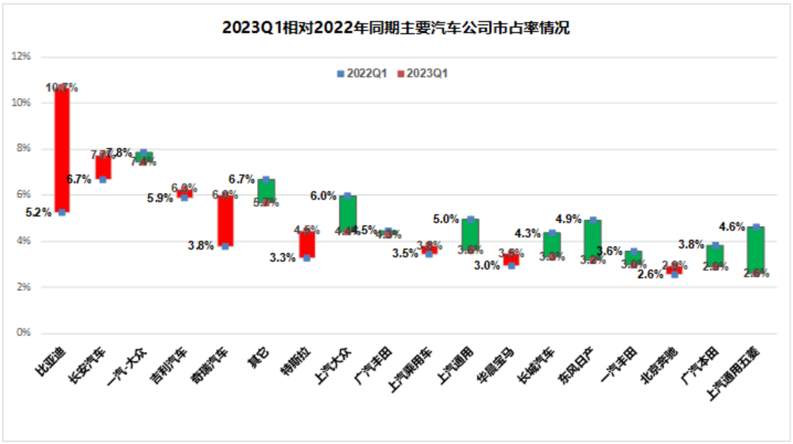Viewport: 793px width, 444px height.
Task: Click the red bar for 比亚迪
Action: pos(62,150)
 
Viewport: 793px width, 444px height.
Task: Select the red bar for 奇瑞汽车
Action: pos(225,220)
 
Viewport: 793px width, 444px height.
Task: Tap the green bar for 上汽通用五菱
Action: pos(755,250)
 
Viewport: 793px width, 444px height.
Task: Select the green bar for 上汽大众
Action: pos(348,214)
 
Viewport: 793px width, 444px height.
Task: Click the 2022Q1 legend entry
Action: pos(361,74)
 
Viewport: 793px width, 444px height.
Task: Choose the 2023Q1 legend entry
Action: pos(423,74)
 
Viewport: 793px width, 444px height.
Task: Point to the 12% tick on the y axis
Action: pos(21,57)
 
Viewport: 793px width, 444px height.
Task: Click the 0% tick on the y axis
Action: pos(24,333)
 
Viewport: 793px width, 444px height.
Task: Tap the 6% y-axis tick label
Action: pos(24,194)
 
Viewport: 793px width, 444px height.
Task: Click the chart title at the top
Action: pos(396,29)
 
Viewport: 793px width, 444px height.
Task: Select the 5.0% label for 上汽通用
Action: pos(445,219)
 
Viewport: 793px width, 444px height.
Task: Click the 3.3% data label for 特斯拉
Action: pos(283,258)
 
